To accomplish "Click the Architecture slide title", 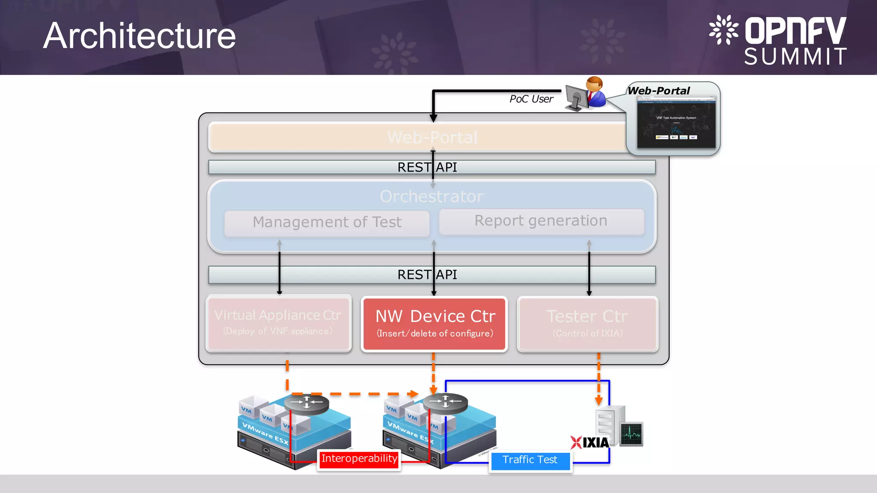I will click(139, 36).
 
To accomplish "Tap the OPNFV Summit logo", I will click(778, 40).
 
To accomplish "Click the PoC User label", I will click(531, 99).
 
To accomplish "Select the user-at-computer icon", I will click(585, 94).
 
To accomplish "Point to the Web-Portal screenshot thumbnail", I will click(676, 122).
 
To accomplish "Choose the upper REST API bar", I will click(432, 167).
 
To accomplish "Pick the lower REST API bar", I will click(432, 275).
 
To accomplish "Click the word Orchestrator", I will click(432, 196).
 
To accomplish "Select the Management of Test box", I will click(327, 223).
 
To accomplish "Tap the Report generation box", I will click(541, 221).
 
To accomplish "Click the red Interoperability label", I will click(359, 459).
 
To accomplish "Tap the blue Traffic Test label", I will click(530, 460).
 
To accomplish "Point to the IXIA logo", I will click(590, 443).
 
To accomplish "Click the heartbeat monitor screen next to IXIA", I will click(631, 434).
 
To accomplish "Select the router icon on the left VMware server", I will click(307, 403).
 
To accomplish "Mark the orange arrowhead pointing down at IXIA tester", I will click(599, 401).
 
